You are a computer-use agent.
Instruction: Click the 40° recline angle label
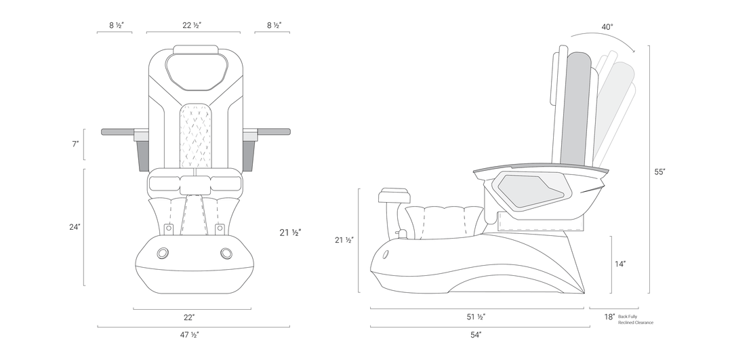[x=607, y=27]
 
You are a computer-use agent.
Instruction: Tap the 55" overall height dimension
[x=659, y=172]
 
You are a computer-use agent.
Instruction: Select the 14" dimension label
[x=620, y=264]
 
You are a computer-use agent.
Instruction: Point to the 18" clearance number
[x=610, y=317]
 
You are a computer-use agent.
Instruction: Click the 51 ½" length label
[x=476, y=317]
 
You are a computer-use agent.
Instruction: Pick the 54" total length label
[x=476, y=335]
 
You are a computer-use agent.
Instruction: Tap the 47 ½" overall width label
[x=190, y=335]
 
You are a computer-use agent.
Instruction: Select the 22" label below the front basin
[x=189, y=317]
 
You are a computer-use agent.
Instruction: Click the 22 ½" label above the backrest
[x=192, y=25]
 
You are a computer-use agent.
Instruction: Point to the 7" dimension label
[x=75, y=144]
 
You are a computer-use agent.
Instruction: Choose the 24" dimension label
[x=75, y=227]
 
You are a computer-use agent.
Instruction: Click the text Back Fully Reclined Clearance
[x=635, y=320]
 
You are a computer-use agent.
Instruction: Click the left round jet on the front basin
[x=163, y=253]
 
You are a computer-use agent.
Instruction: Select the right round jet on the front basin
[x=226, y=253]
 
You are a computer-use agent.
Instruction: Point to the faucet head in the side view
[x=394, y=195]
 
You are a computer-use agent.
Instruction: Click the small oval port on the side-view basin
[x=386, y=255]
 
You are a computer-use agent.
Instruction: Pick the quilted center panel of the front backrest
[x=195, y=136]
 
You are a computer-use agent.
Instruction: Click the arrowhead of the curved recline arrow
[x=633, y=50]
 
